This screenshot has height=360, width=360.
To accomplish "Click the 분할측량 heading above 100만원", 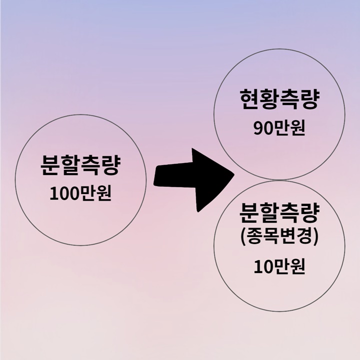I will pos(80,165).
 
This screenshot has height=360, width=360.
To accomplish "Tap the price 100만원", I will pos(80,192).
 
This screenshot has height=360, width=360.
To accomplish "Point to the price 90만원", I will pos(278,128).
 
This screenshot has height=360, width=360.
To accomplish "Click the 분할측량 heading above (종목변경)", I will pos(278,215).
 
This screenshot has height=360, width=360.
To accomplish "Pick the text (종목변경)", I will pos(278,238).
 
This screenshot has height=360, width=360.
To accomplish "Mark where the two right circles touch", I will pos(278,179).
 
